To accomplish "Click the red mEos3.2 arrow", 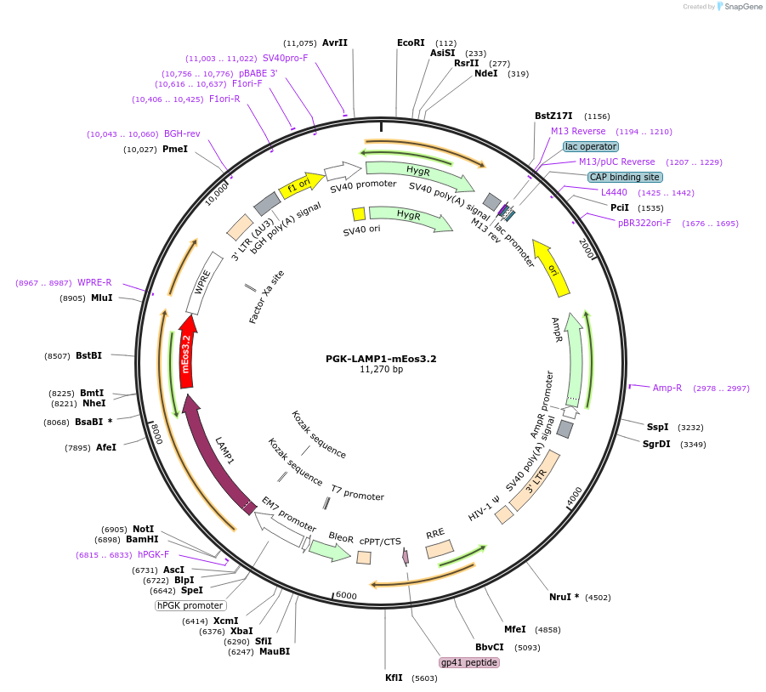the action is click(x=187, y=352).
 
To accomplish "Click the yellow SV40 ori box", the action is click(x=359, y=214).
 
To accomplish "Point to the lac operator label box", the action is click(x=591, y=146).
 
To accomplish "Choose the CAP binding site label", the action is click(x=625, y=178).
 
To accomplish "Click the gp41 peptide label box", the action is click(x=469, y=663).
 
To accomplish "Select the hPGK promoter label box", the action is click(x=190, y=605).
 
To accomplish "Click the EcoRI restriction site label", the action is click(x=411, y=43).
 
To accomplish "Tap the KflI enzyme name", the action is click(x=394, y=678).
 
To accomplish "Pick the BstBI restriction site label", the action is click(x=89, y=355).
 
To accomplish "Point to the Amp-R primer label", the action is click(x=667, y=388).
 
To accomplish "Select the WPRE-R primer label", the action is click(x=94, y=282).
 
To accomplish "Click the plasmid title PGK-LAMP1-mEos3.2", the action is click(x=381, y=359).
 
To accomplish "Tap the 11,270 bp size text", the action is click(x=381, y=370).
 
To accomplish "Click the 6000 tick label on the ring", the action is click(x=346, y=595).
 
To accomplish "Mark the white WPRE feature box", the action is click(x=204, y=283).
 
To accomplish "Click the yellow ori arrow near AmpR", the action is click(x=552, y=268).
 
